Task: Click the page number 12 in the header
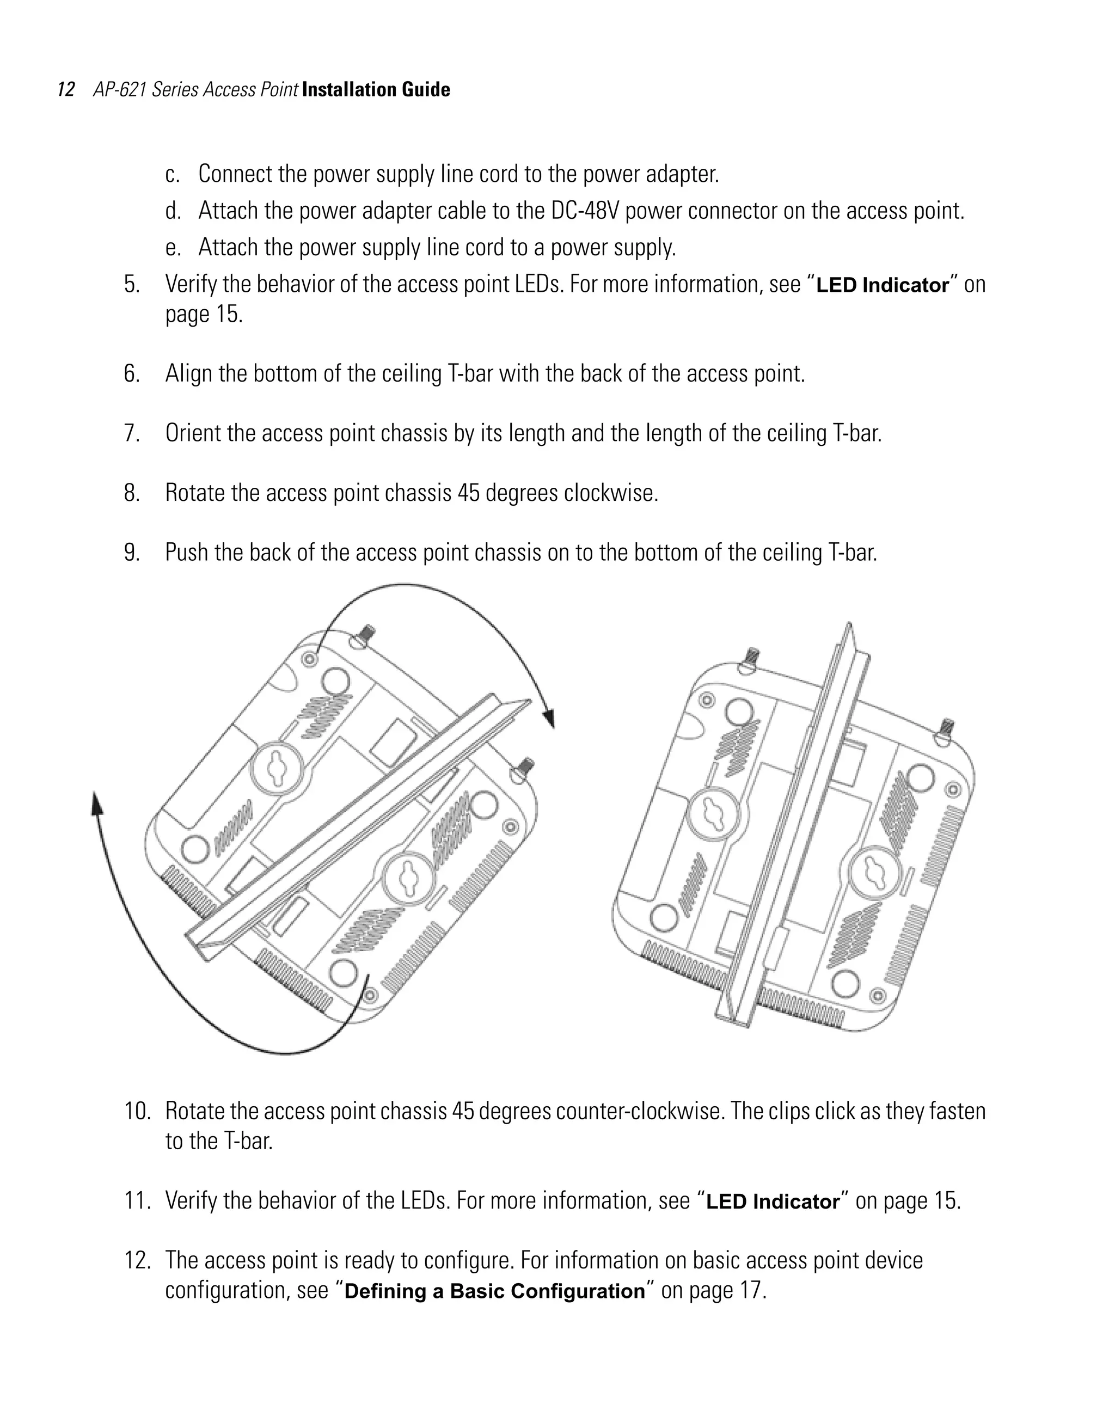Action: coord(66,89)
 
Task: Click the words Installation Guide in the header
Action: coord(376,89)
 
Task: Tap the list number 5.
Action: coord(132,284)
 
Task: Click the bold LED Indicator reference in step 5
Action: coord(882,285)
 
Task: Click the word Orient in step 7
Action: coord(193,433)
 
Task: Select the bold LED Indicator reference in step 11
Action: coord(773,1201)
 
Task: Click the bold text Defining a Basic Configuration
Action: coord(494,1291)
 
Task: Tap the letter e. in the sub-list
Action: coord(173,248)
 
